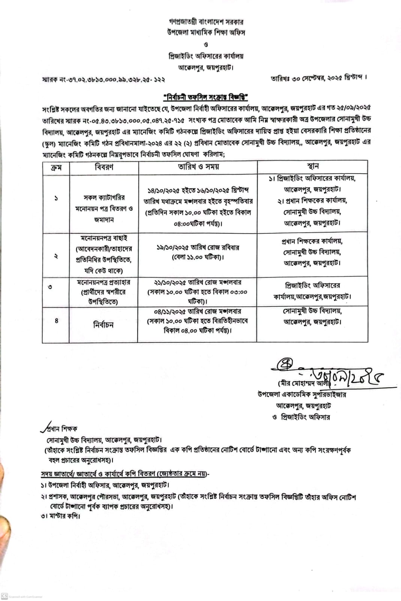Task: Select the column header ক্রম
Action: [56, 167]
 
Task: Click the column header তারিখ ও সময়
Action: [198, 167]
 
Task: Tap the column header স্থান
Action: [312, 166]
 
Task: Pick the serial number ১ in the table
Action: [56, 198]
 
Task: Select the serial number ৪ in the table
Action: [57, 321]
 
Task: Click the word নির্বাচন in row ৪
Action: [103, 325]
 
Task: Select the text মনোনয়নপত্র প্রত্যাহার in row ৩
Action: [104, 282]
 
